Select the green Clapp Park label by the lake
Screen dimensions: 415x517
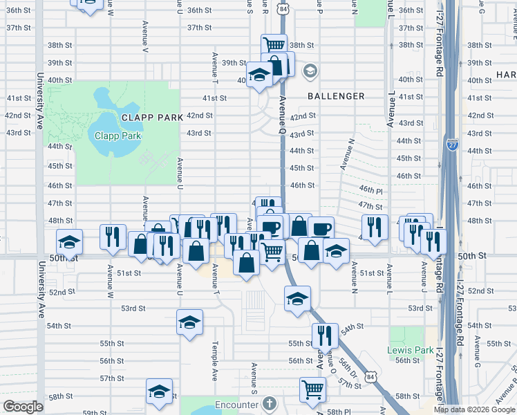117,136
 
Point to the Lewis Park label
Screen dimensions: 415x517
407,350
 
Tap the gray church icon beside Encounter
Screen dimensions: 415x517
270,403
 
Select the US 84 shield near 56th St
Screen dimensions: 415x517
372,376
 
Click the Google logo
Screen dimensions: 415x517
23,407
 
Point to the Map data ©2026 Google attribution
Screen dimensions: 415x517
473,409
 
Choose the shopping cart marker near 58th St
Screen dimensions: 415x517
312,389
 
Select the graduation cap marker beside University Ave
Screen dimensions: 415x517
69,241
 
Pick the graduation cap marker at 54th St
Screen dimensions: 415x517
189,322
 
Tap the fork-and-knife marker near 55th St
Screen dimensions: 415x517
324,335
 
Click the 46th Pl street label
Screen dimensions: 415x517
370,190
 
